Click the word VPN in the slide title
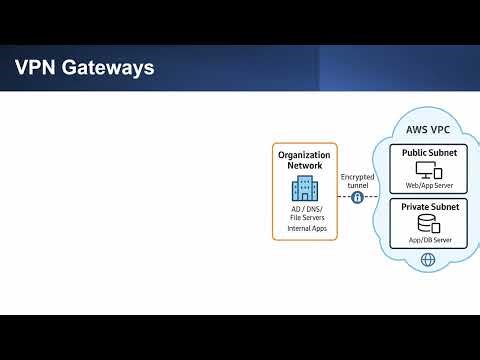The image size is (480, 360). pos(36,68)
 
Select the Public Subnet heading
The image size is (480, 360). pos(429,153)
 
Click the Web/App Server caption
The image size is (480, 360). pos(429,186)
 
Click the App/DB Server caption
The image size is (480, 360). pos(429,241)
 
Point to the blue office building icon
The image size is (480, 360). pos(305,188)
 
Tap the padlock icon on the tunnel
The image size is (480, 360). pos(357,198)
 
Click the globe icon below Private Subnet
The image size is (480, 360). pos(429,260)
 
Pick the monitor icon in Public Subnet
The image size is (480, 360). pos(424,170)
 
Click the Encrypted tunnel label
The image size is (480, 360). pos(357,181)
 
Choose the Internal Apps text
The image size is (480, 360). pos(305,229)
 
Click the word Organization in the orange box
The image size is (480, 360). pos(305,155)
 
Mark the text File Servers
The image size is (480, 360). pos(305,218)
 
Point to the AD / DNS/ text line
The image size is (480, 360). pos(305,208)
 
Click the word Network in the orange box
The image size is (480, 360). pos(305,166)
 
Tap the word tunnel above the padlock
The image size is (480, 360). pos(357,186)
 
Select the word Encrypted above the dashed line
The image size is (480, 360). pos(357,177)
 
